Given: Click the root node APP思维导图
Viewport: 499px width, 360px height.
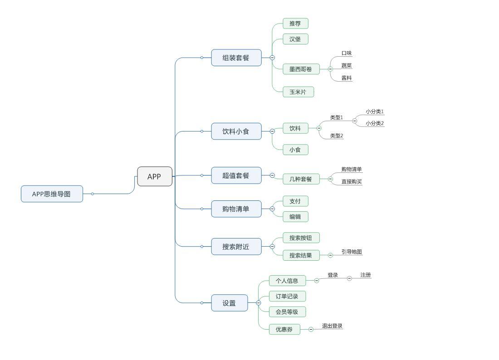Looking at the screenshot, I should [52, 194].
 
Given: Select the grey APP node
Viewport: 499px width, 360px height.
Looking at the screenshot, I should [155, 176].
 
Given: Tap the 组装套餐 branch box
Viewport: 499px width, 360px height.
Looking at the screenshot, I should [236, 58].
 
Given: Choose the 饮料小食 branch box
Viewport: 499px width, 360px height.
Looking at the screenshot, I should [236, 131].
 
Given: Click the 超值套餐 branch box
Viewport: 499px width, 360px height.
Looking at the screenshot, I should [236, 175].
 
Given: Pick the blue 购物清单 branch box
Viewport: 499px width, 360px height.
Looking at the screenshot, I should [236, 209].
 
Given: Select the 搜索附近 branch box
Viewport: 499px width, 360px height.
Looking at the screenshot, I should [236, 247].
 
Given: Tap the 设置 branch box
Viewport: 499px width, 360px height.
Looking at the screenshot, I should [230, 303].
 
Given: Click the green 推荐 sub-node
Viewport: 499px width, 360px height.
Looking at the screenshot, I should [295, 24].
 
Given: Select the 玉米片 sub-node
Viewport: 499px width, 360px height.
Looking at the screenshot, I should [298, 92].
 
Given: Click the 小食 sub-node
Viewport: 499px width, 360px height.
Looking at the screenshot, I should [295, 150].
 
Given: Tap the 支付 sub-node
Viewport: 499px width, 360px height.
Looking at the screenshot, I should [295, 201].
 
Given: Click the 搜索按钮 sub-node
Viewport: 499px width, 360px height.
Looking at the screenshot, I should [301, 238].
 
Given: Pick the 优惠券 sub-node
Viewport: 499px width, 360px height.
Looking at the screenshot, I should [284, 329].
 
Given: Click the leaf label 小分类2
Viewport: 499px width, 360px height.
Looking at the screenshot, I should [375, 123].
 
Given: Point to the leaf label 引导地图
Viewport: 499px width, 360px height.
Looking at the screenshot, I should [352, 252].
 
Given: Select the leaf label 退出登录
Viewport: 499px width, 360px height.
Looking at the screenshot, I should [332, 326].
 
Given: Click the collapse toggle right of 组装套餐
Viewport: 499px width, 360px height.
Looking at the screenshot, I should [272, 58].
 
